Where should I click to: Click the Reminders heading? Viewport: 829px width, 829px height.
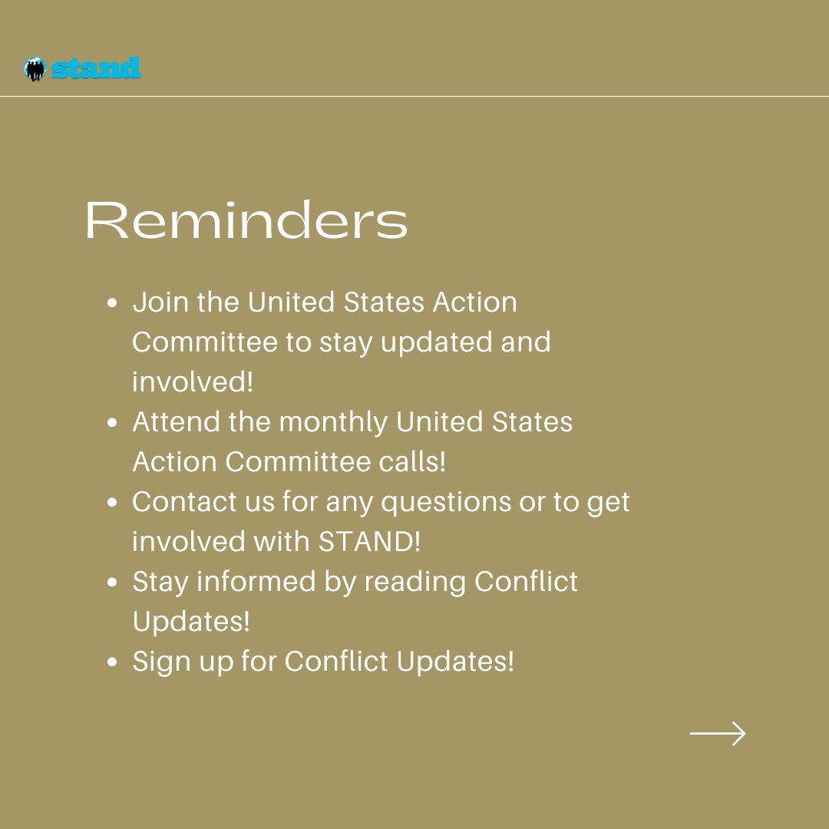(246, 220)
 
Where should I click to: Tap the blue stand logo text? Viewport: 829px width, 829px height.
(96, 68)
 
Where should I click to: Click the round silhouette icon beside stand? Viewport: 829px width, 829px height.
(35, 69)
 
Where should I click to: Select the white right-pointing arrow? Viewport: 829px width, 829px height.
(718, 733)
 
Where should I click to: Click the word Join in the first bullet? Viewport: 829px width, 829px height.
(160, 302)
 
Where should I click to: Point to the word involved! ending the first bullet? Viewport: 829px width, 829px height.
(193, 381)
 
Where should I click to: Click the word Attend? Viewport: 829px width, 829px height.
(176, 422)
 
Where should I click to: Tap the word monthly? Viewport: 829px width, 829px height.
(333, 423)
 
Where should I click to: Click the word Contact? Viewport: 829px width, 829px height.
(184, 502)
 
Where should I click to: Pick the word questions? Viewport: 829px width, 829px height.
(446, 503)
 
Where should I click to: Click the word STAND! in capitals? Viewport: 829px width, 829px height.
(369, 541)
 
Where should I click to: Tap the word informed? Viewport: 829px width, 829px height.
(256, 582)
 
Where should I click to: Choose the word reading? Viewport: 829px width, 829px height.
(415, 583)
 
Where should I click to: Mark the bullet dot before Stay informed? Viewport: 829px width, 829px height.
(111, 583)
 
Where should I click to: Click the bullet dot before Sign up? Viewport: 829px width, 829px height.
(111, 662)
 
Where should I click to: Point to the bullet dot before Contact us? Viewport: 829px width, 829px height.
(111, 503)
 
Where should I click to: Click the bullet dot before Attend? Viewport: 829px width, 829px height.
(111, 423)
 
